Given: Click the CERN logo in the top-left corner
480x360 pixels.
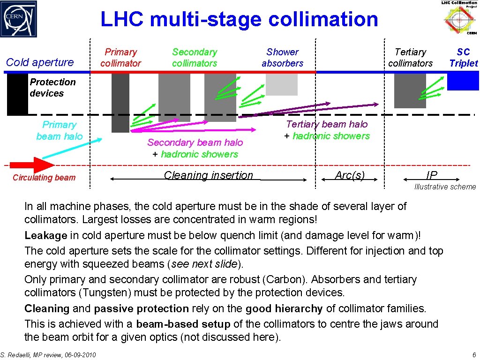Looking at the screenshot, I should click(x=19, y=19).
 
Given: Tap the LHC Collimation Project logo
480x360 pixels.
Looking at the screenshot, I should click(x=459, y=18).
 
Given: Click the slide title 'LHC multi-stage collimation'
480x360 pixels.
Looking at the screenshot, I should click(x=239, y=20).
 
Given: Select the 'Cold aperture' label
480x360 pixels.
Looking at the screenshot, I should click(x=40, y=62).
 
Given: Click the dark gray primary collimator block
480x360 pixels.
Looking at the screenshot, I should click(x=120, y=103).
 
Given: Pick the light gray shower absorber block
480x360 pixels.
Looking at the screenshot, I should click(x=282, y=84).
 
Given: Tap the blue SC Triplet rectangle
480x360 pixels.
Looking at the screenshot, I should click(x=463, y=82).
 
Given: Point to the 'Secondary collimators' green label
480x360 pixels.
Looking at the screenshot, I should click(x=195, y=58).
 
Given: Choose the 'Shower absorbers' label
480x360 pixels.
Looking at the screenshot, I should click(x=282, y=58).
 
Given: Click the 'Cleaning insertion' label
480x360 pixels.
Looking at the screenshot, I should click(x=208, y=175).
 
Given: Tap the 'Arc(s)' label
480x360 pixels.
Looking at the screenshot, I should click(x=350, y=175).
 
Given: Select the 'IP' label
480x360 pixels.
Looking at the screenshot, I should click(x=431, y=175).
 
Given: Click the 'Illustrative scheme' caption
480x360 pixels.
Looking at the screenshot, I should click(x=445, y=187).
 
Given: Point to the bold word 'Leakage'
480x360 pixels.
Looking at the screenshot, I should click(x=46, y=236).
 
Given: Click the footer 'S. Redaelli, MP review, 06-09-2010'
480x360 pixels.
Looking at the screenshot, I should click(x=48, y=355).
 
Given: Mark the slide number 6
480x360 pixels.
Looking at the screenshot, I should click(x=474, y=355).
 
